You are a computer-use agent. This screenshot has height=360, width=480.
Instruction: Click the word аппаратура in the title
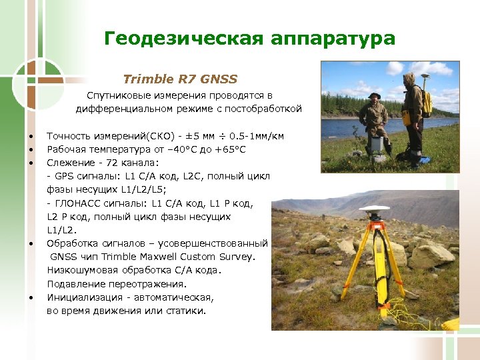[333, 39]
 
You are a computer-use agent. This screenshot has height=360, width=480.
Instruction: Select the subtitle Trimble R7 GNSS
[180, 79]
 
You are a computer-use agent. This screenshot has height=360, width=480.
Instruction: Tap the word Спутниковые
[117, 96]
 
